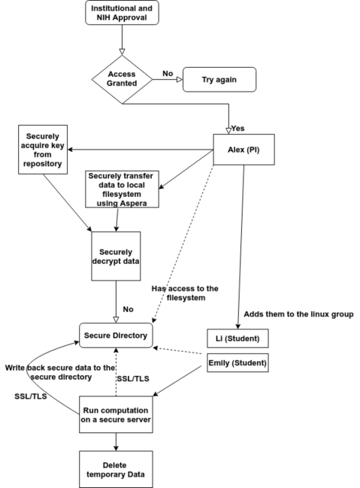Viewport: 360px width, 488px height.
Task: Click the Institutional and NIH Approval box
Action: tap(122, 13)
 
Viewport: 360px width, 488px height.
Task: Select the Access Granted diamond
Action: tap(122, 79)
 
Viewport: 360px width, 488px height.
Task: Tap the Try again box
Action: tap(220, 79)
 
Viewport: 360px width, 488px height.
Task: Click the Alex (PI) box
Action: tap(244, 149)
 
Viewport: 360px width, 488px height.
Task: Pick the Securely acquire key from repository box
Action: tap(43, 149)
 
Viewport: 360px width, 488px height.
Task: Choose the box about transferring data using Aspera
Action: tap(122, 189)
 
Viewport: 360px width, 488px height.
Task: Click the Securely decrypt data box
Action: tap(116, 256)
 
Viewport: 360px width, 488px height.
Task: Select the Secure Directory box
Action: tap(116, 335)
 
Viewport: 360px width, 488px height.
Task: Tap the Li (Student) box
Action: tap(238, 339)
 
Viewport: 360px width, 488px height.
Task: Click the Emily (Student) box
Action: tap(238, 363)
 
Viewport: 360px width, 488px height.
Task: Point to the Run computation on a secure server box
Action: tap(116, 415)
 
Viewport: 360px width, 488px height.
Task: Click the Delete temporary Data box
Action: tap(116, 470)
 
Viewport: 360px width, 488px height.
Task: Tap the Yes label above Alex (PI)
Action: tap(238, 128)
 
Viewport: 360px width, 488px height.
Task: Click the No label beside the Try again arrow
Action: tap(168, 73)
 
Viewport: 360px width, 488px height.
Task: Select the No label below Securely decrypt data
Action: tap(128, 309)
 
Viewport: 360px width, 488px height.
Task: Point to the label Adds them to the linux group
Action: tap(299, 314)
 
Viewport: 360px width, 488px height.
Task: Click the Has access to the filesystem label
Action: tap(185, 293)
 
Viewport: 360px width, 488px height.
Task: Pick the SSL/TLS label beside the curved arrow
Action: tap(31, 396)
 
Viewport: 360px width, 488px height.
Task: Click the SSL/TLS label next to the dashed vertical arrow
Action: tap(133, 378)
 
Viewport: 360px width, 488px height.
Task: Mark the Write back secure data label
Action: tap(60, 372)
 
